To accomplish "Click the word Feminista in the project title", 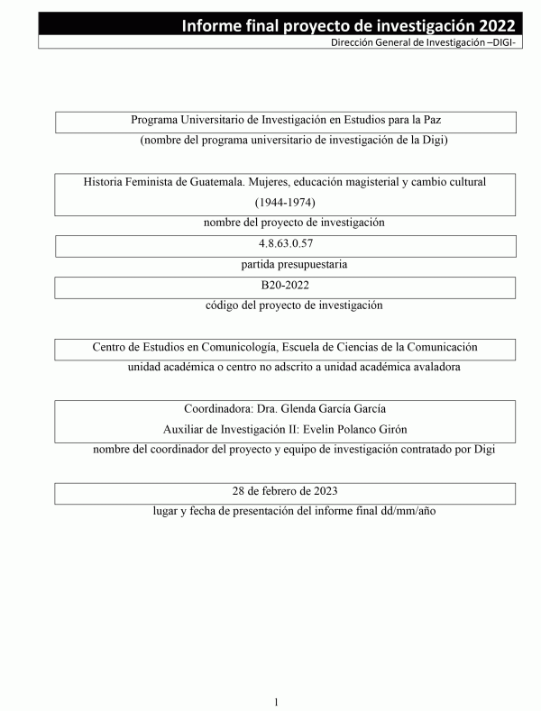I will point(155,181).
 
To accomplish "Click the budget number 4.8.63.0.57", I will point(285,244).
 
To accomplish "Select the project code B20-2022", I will point(285,285).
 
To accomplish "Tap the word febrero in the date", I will point(281,491).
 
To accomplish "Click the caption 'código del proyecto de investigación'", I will point(294,305).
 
